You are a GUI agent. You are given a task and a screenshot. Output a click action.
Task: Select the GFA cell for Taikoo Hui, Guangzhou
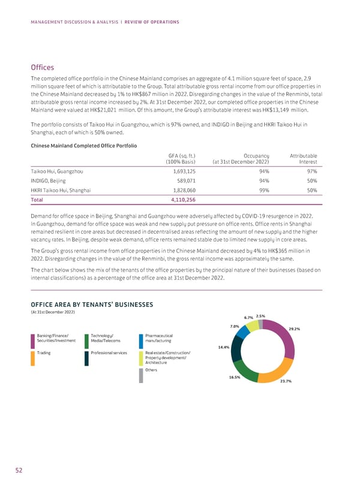click(181, 171)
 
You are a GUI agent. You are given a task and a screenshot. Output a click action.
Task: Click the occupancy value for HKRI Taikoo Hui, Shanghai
click(262, 189)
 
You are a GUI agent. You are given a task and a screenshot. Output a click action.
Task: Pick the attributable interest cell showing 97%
click(310, 171)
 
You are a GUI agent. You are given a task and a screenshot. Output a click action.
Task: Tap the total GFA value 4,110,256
click(181, 199)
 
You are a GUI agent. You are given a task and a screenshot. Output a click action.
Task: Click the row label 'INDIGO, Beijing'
click(48, 180)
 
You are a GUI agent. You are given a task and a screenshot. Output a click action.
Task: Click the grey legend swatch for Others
click(141, 375)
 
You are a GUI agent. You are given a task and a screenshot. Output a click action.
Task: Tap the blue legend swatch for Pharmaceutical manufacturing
click(141, 341)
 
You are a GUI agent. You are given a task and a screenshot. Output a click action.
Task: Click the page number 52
click(19, 471)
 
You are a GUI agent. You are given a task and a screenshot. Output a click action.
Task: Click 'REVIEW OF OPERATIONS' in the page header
click(151, 22)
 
